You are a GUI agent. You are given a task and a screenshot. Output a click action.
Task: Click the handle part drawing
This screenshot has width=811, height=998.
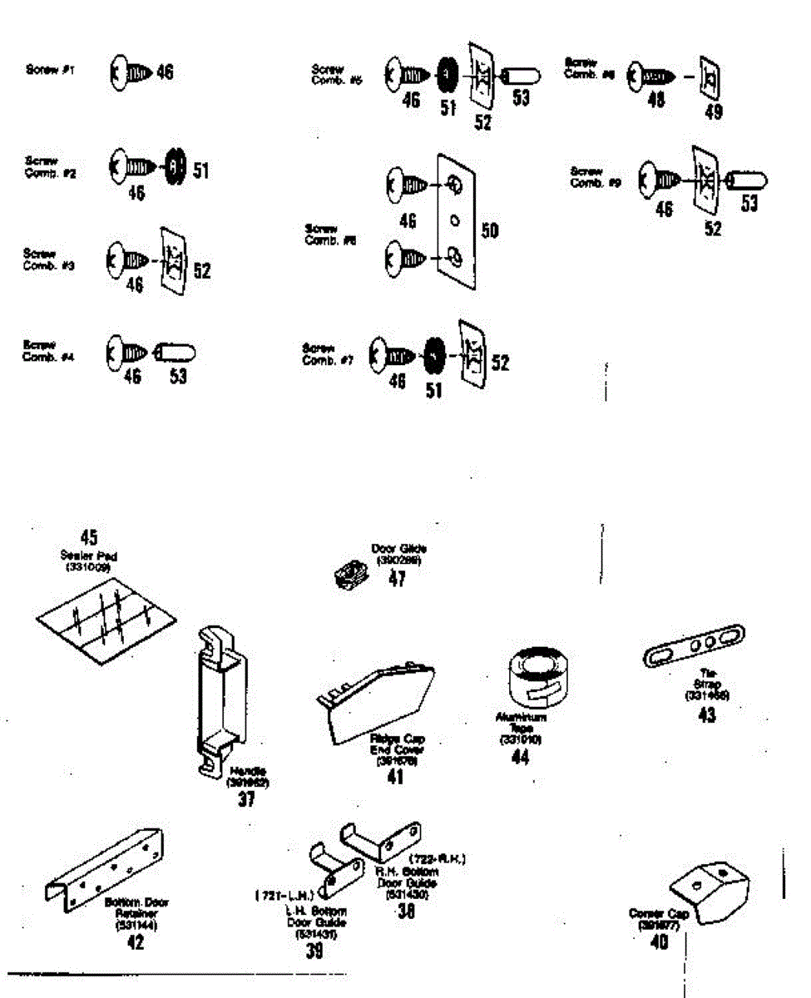pyautogui.click(x=220, y=703)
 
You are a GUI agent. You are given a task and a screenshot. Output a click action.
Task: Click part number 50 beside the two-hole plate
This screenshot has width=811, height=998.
pyautogui.click(x=490, y=230)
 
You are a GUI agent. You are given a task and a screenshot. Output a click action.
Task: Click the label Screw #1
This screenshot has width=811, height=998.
pyautogui.click(x=50, y=71)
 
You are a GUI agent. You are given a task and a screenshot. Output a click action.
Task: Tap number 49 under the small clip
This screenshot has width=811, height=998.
pyautogui.click(x=713, y=112)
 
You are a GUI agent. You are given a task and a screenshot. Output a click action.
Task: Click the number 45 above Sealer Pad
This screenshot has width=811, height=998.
pyautogui.click(x=89, y=537)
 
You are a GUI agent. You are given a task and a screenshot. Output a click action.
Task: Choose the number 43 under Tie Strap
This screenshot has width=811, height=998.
pyautogui.click(x=707, y=714)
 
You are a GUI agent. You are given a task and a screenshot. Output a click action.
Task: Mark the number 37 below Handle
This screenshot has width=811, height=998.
pyautogui.click(x=246, y=799)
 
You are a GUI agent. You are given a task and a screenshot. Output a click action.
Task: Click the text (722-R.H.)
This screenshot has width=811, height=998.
pyautogui.click(x=437, y=858)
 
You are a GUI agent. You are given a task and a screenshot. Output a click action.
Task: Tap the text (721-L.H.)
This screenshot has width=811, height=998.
pyautogui.click(x=284, y=896)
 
